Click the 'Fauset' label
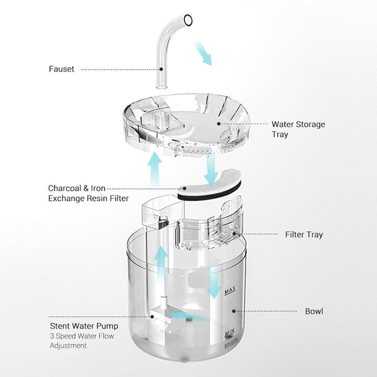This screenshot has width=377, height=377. [62, 69]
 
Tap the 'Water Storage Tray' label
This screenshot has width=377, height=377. [298, 129]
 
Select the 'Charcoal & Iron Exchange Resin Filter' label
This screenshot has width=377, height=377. [88, 193]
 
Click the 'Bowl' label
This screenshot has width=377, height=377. [314, 311]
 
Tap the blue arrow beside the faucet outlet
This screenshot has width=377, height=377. [204, 54]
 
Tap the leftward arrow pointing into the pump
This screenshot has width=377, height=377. [188, 317]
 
